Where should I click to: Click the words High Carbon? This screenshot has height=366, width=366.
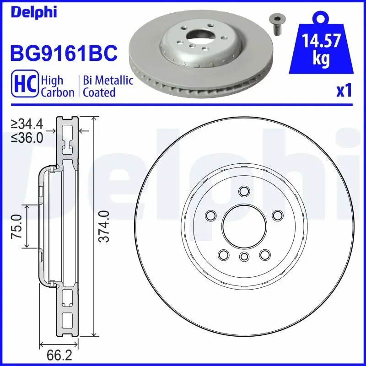click(x=58, y=86)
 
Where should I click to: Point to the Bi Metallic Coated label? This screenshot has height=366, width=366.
click(x=108, y=86)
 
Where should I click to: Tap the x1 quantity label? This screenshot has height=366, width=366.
click(x=344, y=91)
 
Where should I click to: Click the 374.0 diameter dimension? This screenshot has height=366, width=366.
click(x=105, y=226)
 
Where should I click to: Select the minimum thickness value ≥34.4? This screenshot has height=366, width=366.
click(x=27, y=124)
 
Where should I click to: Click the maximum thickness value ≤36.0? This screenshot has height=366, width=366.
click(x=27, y=137)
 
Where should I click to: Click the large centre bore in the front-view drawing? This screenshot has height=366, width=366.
click(x=244, y=225)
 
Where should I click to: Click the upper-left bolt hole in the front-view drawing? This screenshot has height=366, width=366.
click(x=211, y=215)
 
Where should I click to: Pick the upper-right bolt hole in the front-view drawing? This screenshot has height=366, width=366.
click(x=277, y=215)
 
